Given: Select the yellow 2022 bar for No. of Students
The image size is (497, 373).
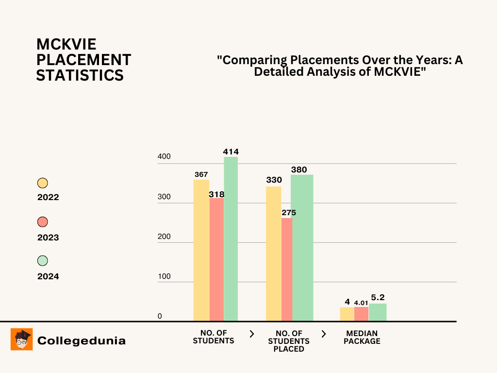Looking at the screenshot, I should (x=201, y=250).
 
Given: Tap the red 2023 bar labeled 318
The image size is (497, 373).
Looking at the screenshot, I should (x=216, y=259).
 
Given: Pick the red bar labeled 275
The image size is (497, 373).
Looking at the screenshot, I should (x=287, y=270).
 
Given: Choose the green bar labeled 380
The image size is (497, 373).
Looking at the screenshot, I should (x=302, y=248).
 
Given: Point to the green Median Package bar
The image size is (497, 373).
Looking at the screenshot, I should (x=378, y=312).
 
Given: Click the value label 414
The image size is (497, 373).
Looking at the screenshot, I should (x=231, y=152).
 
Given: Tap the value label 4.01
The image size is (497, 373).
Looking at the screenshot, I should (x=361, y=303).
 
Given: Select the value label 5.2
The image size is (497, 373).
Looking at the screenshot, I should (x=378, y=297).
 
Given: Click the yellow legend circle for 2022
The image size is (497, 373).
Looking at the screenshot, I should (x=43, y=183).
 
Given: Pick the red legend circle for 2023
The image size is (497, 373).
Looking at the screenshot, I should (x=43, y=222).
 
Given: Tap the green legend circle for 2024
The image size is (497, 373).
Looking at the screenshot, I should (x=43, y=261).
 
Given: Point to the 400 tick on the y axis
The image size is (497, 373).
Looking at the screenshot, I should (x=164, y=157).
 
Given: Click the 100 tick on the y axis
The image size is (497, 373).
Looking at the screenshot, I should (x=164, y=276).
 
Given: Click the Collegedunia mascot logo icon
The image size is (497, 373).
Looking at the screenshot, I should (x=22, y=339).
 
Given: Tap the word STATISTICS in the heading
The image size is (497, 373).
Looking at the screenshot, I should (x=80, y=76).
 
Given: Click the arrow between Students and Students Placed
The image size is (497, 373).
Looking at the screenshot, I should (x=251, y=334).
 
